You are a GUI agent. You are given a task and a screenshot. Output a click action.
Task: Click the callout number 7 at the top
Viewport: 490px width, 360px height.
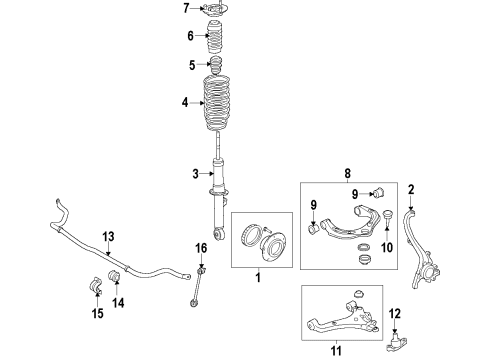(186, 8)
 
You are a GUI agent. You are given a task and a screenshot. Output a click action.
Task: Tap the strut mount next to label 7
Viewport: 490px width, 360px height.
(213, 9)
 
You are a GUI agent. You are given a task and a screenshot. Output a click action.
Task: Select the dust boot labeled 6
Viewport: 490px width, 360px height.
(215, 37)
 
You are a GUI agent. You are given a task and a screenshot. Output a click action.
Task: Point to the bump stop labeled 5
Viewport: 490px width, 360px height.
(216, 65)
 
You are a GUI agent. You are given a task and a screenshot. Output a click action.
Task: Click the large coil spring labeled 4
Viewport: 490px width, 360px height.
(217, 104)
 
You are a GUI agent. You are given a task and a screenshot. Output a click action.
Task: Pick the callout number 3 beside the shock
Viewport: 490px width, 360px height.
(195, 174)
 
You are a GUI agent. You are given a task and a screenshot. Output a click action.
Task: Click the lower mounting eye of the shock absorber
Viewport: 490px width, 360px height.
(219, 233)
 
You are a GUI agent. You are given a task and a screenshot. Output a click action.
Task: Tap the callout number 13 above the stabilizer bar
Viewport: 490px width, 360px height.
(108, 237)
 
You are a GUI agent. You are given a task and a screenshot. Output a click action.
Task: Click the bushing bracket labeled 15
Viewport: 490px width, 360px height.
(96, 286)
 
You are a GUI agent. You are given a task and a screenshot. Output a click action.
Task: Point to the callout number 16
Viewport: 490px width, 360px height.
(201, 248)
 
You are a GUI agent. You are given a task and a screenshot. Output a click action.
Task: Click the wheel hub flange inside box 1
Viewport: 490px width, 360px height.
(273, 247)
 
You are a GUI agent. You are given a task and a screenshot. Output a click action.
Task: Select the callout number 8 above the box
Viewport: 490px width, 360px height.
(348, 174)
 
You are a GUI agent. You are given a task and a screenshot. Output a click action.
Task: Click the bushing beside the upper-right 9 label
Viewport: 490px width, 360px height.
(379, 193)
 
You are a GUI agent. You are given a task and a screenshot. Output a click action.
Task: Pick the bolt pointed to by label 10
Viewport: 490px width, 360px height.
(387, 216)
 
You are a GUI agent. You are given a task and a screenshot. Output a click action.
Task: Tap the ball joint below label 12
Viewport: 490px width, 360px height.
(397, 342)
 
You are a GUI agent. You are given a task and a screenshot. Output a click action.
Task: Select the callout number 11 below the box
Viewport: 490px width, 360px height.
(336, 351)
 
